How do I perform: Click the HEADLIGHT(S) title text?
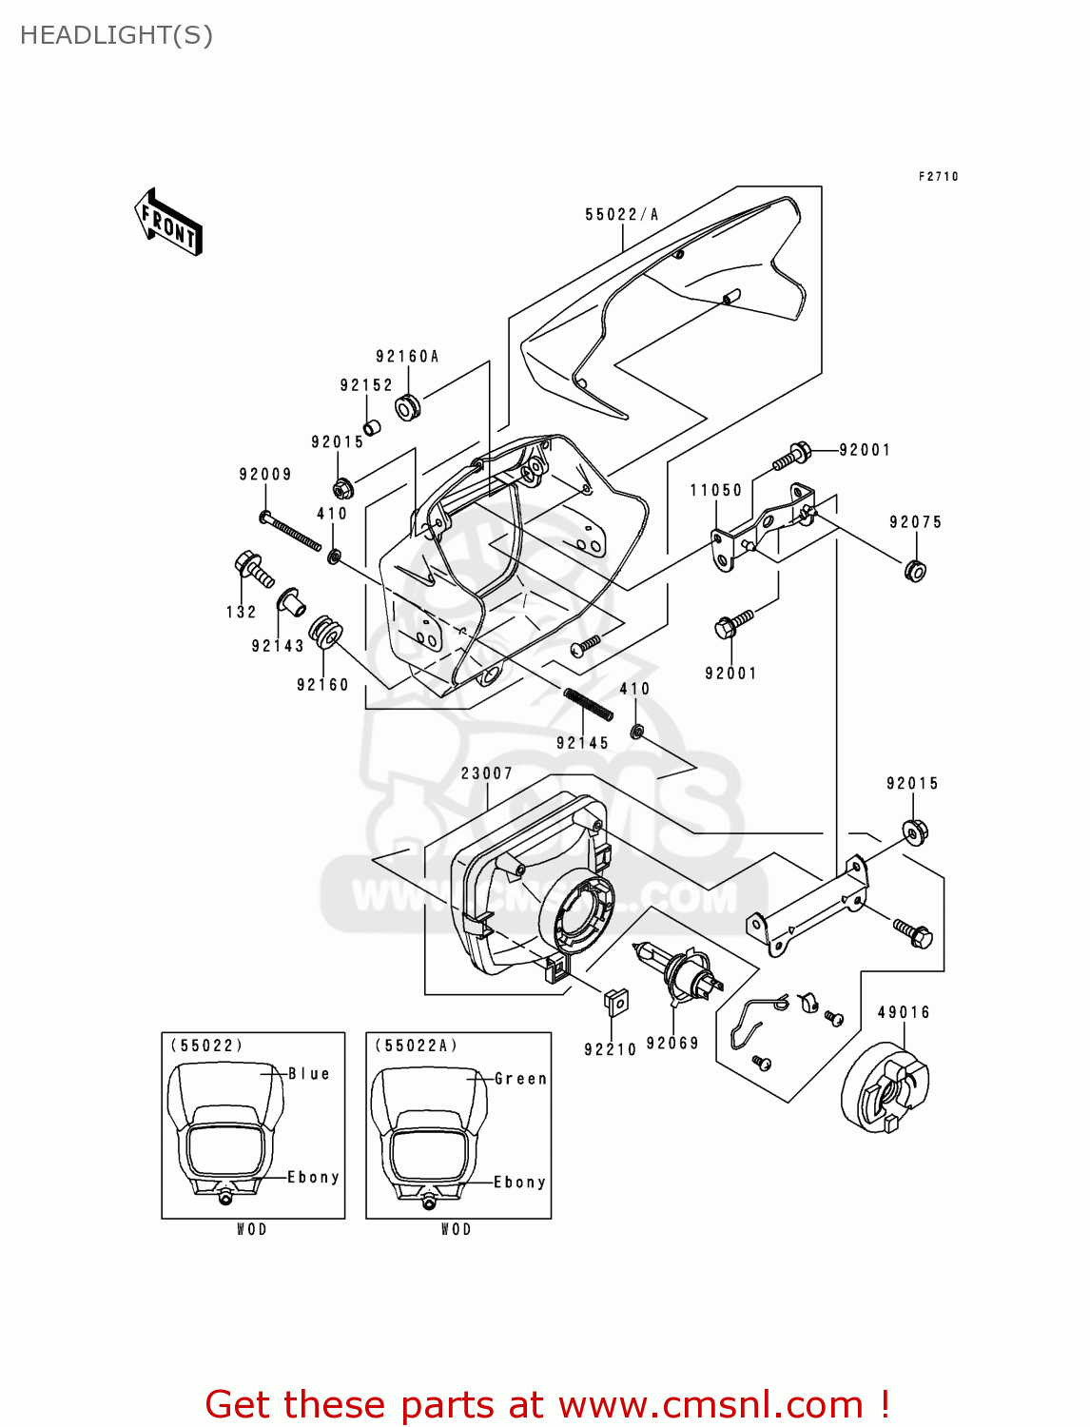pos(116,35)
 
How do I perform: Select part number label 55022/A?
pos(622,215)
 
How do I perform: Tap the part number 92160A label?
pos(407,357)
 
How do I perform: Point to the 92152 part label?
pos(366,385)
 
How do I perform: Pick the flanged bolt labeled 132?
pos(253,569)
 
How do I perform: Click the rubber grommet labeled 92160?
pos(325,632)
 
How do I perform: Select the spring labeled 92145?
pos(588,705)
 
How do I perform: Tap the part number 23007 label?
pos(487,773)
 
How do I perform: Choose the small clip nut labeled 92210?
pos(616,1002)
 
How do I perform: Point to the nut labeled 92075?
pos(915,571)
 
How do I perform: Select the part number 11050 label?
pos(716,491)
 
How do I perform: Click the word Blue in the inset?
pos(309,1074)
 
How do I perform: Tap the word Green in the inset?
pos(520,1079)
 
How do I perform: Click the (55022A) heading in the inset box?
pos(417,1046)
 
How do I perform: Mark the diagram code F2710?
pos(938,177)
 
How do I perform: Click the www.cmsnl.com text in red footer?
pos(710,1405)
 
